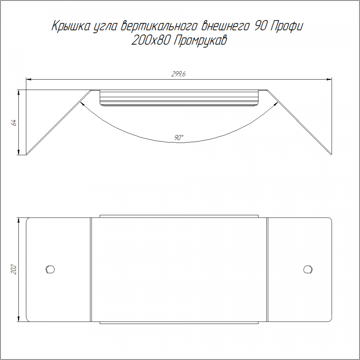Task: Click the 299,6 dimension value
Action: [x=178, y=74]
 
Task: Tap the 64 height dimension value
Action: [x=14, y=122]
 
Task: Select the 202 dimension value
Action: [x=14, y=269]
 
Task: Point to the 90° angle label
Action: [x=179, y=138]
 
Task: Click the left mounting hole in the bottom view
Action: [x=50, y=269]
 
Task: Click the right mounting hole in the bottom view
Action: [x=308, y=269]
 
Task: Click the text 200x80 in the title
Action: [x=151, y=41]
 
